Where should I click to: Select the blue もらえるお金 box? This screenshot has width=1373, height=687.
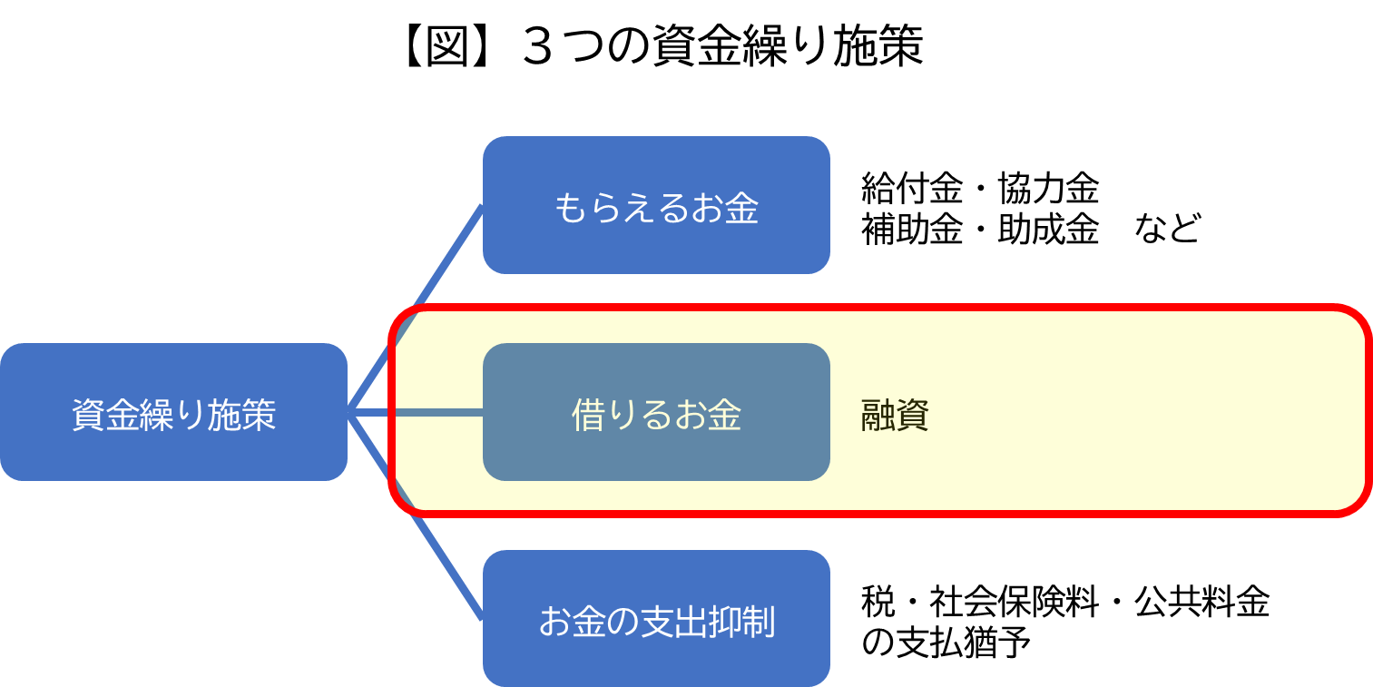[x=656, y=205]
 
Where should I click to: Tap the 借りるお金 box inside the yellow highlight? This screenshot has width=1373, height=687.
[x=656, y=412]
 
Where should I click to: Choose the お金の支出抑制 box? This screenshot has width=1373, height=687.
[x=656, y=619]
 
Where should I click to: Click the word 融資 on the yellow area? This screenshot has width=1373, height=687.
[x=895, y=417]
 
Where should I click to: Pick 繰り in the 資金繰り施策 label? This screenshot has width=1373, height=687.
[x=173, y=416]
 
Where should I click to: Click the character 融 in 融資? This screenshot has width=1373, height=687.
[x=878, y=417]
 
